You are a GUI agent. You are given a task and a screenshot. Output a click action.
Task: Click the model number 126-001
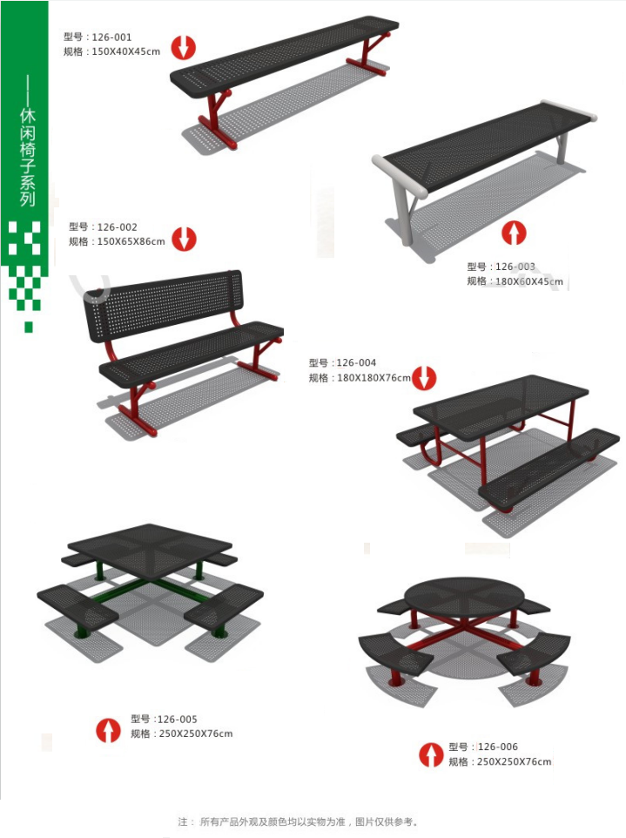click(x=111, y=37)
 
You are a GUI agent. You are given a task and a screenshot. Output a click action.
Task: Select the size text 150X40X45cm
click(x=126, y=52)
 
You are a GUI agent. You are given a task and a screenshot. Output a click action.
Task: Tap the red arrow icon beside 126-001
click(x=183, y=47)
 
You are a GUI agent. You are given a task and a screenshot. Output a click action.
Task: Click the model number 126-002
click(x=117, y=227)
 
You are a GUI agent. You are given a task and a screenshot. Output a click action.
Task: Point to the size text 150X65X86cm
click(x=131, y=241)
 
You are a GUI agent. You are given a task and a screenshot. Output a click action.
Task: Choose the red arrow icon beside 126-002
click(x=184, y=239)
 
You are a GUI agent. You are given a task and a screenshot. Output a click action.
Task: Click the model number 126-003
click(x=515, y=267)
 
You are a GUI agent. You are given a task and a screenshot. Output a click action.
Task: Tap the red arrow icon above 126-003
click(x=514, y=233)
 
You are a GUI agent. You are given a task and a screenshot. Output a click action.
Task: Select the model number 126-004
click(x=356, y=363)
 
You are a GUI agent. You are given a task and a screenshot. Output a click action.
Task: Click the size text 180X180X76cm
click(x=374, y=378)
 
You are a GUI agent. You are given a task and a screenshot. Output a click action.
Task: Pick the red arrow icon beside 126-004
click(x=423, y=377)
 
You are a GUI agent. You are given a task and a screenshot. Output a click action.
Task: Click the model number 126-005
click(x=178, y=720)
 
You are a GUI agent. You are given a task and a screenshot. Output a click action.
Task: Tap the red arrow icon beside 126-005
click(x=109, y=730)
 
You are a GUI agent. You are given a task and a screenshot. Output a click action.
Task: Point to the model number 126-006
click(x=498, y=747)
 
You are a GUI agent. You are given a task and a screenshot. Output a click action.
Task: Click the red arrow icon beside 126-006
click(x=431, y=754)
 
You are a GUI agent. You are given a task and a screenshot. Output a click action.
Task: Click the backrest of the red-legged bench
click(x=163, y=304)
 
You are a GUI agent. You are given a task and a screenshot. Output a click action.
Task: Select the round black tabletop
click(x=460, y=598)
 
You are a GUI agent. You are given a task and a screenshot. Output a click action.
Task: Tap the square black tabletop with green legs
click(x=150, y=545)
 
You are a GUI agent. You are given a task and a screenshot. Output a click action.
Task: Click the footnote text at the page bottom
click(x=298, y=821)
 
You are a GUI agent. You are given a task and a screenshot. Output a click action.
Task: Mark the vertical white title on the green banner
click(x=28, y=158)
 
